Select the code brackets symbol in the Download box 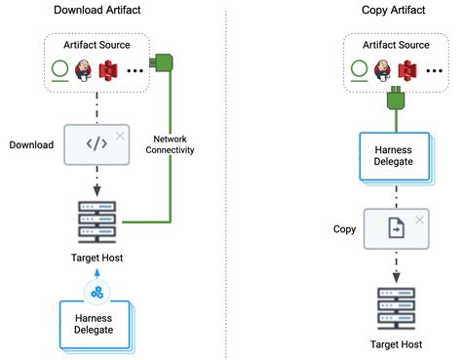[96, 144]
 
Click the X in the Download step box [120, 135]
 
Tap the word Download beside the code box [31, 144]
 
